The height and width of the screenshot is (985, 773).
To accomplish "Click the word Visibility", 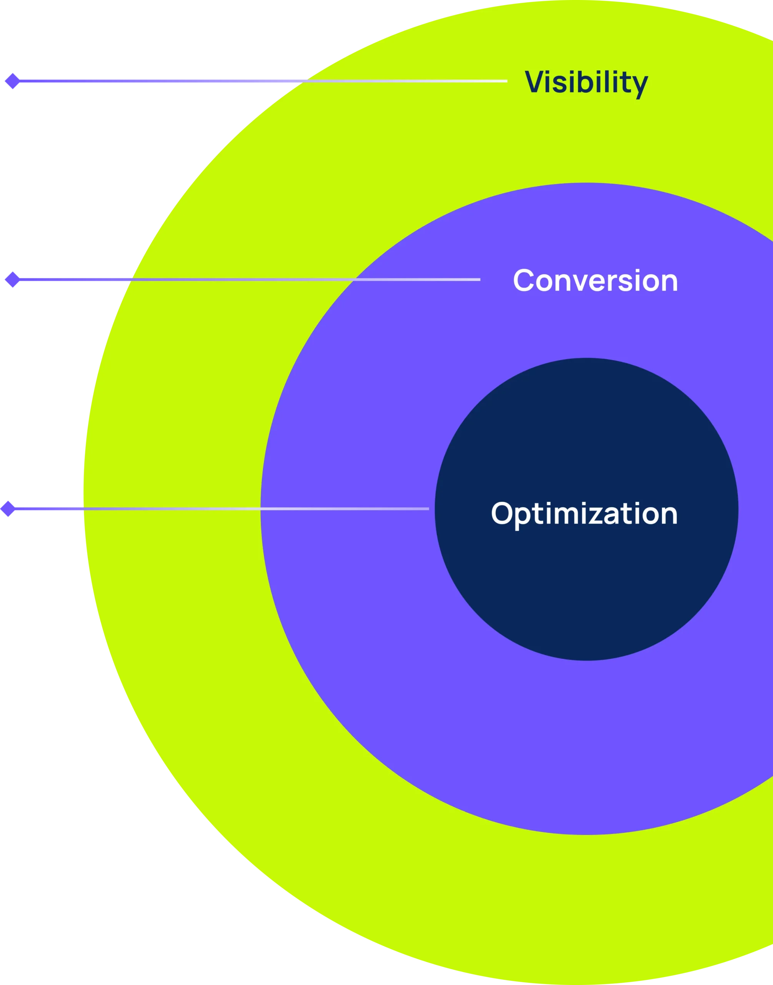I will point(586,83).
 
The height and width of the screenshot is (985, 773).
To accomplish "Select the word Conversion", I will point(595,280).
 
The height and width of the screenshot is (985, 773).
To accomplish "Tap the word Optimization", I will point(584,514).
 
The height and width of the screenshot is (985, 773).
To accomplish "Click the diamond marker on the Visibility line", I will point(13,81).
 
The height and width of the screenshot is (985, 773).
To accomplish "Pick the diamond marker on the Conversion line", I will point(12,280).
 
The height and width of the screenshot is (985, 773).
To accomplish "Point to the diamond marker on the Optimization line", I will point(8,508).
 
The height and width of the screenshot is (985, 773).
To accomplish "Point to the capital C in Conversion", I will point(524,280).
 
